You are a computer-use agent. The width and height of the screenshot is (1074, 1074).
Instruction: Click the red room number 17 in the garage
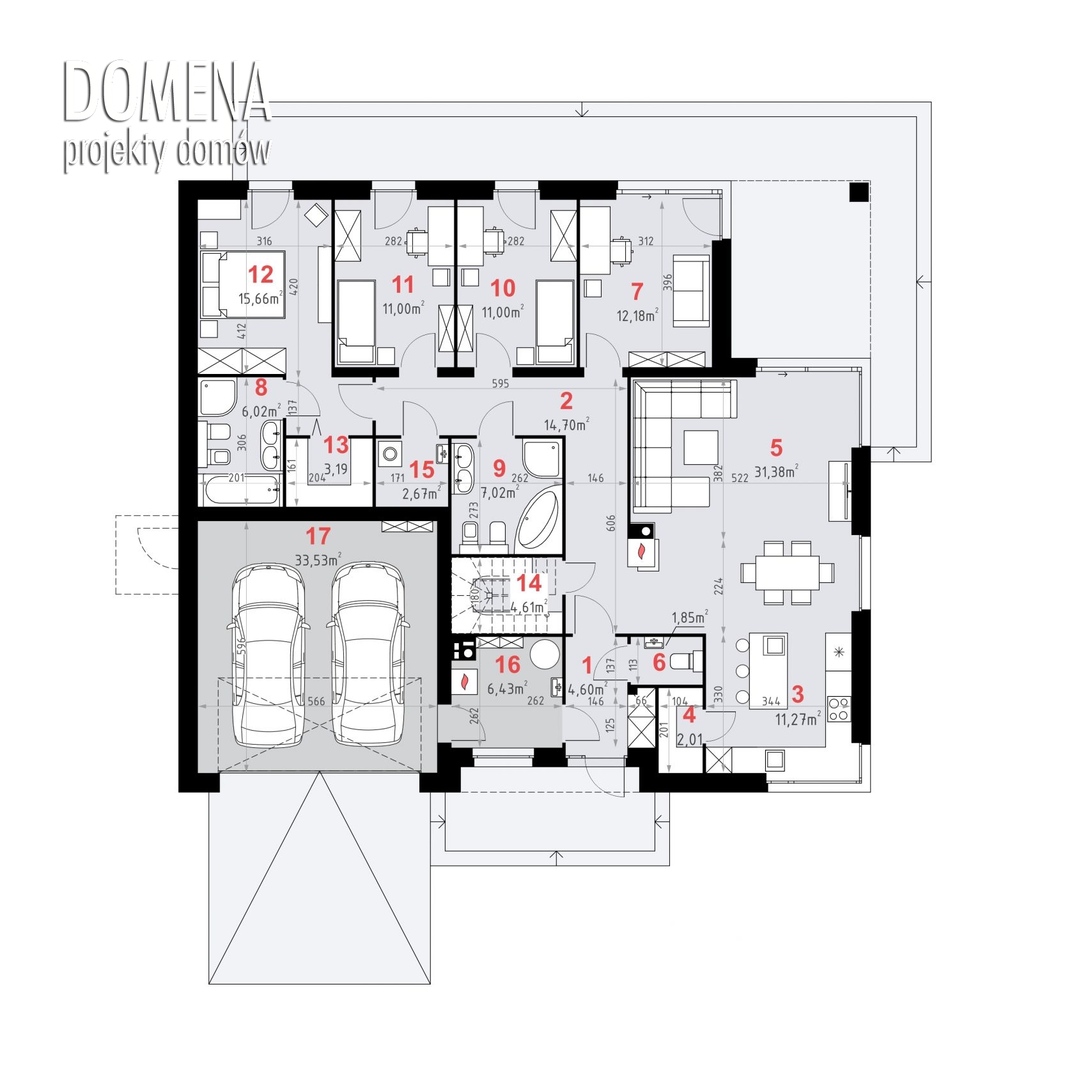318,536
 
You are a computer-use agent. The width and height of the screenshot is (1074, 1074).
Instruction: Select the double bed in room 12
242,284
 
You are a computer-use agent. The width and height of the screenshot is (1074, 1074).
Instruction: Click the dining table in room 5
788,573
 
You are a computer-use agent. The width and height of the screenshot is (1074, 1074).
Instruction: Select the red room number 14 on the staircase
529,583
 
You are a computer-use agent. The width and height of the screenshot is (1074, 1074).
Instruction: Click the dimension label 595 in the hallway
501,384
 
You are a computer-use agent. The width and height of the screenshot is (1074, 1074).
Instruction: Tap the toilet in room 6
688,660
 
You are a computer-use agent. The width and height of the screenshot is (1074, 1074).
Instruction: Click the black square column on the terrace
859,192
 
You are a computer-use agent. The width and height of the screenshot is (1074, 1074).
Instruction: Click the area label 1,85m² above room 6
689,618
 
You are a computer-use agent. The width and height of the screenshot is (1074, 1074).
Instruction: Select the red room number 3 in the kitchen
797,694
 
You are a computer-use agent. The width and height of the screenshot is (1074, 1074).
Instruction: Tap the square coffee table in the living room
701,447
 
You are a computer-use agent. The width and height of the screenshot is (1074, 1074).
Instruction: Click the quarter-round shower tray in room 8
218,397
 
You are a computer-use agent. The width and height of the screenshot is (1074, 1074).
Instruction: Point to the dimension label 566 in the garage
316,701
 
